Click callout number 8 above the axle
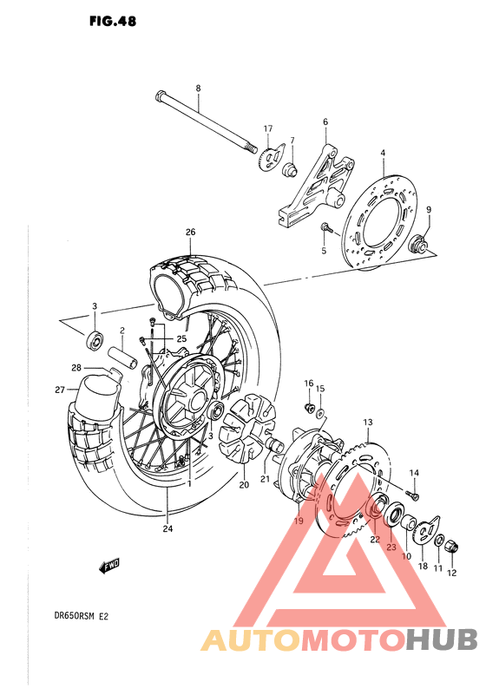coord(198,89)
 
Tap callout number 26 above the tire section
coord(190,232)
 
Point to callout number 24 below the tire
coord(167,528)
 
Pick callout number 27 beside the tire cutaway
coord(59,390)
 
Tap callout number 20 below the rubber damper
coord(244,485)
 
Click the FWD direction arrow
coord(109,567)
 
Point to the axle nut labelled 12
coord(451,544)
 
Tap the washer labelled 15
coord(320,411)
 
